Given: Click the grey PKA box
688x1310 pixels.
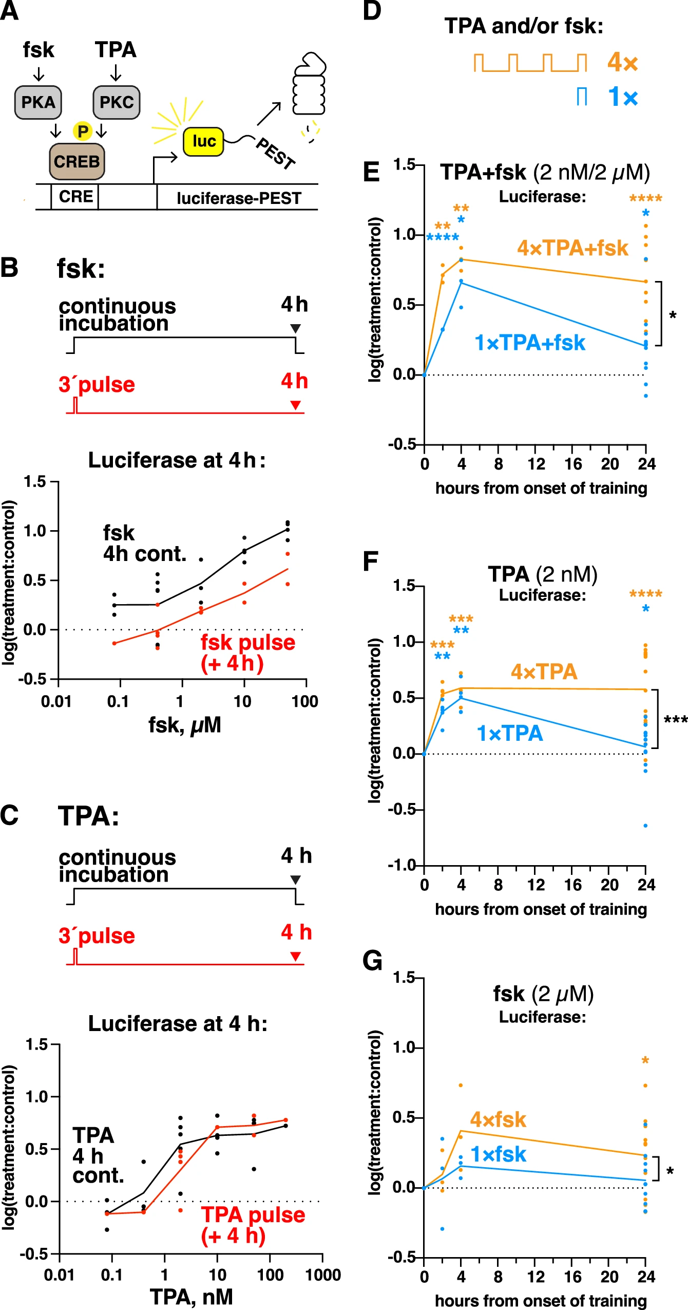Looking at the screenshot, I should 38,102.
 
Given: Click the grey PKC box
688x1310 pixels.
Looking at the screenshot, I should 117,102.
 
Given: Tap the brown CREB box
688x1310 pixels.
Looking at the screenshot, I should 77,161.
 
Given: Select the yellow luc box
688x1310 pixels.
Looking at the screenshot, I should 203,141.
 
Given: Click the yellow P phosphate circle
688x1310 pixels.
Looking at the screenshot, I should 82,131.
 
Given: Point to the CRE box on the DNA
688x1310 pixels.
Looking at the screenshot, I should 75,196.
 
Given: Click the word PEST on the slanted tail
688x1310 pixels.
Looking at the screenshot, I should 276,153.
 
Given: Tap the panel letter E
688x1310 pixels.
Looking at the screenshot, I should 371,172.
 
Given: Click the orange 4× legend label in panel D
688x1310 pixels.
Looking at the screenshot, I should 622,63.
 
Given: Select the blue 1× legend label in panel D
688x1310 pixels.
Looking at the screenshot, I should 622,97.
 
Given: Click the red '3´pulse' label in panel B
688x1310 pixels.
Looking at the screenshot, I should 97,384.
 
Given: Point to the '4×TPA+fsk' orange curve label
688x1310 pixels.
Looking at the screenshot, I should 572,248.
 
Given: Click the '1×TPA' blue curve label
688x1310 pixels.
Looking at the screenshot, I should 510,733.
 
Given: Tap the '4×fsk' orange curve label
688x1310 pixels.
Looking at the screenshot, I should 498,1119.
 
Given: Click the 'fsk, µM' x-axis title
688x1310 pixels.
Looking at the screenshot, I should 184,725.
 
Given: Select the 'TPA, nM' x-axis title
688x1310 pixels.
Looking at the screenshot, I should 191,1297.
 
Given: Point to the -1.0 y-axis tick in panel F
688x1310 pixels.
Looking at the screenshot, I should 402,865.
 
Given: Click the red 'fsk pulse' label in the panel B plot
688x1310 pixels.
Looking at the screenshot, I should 247,642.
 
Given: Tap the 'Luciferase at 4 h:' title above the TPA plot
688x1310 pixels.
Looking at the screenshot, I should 178,1023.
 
